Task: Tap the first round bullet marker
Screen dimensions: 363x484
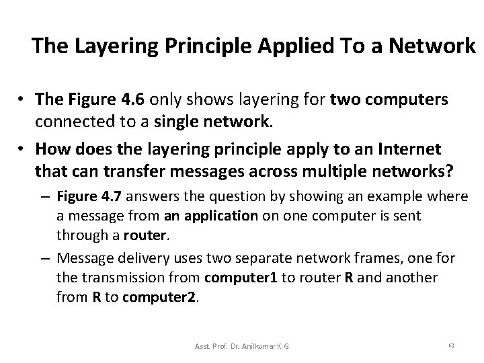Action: [22, 97]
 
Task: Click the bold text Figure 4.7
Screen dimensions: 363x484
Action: [83, 196]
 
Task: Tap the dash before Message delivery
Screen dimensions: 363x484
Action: [47, 258]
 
